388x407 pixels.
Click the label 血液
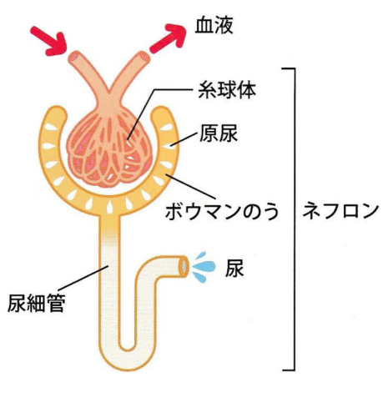tap(214, 26)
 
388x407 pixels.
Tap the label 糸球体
tap(227, 90)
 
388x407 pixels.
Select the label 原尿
tap(219, 133)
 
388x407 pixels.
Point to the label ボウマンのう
tap(222, 212)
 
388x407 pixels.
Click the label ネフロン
tap(340, 211)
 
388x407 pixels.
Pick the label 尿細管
tap(36, 303)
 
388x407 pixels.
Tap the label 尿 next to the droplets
tap(234, 269)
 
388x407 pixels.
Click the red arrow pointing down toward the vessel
tap(48, 41)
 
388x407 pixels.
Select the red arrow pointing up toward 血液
tap(168, 38)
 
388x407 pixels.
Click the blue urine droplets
tap(204, 267)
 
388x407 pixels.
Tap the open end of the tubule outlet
tap(184, 266)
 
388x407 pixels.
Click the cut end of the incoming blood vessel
tap(74, 58)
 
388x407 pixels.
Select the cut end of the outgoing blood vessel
tap(144, 58)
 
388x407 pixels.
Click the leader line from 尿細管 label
tap(83, 279)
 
